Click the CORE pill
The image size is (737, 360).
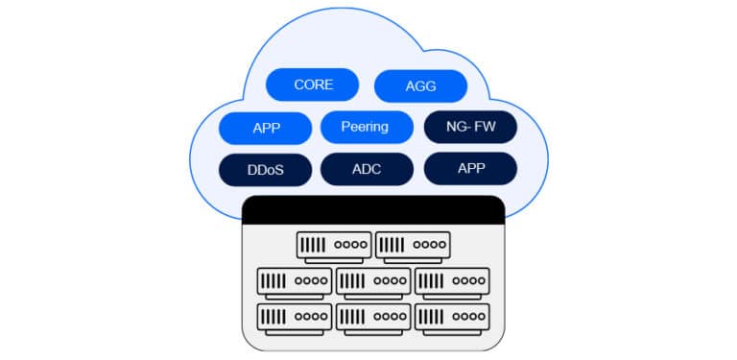coord(313,84)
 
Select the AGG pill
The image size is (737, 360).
coord(420,85)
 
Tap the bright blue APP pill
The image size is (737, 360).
coord(265,128)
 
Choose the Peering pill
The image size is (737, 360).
coord(366,127)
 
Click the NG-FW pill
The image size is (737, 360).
coord(470,127)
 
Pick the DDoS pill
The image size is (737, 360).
coord(265,170)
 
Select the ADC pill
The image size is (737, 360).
coord(366,170)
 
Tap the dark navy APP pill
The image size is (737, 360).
coord(470,168)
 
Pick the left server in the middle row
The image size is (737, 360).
coord(295,281)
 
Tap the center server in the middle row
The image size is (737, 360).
coord(373,281)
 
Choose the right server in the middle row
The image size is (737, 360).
coord(452,281)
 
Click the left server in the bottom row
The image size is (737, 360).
coord(295,316)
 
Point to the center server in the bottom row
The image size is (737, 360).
coord(373,316)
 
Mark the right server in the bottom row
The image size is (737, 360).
coord(452,316)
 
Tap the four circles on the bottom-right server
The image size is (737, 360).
coord(467,316)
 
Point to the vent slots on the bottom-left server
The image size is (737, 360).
coord(274,316)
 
